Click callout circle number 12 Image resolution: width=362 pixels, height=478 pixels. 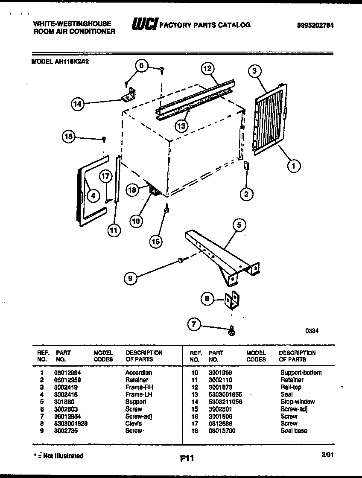(207, 68)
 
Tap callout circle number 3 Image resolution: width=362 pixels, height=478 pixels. (254, 71)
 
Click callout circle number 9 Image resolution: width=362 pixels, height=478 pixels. (131, 279)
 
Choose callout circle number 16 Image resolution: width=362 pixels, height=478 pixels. (156, 241)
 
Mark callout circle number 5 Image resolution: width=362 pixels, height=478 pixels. (239, 225)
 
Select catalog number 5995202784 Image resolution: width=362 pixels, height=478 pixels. (315, 25)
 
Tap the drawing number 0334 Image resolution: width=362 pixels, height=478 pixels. (312, 330)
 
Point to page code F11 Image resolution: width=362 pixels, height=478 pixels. (187, 459)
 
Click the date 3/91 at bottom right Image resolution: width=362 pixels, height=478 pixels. (327, 455)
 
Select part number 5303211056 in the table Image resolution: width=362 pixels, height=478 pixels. (225, 402)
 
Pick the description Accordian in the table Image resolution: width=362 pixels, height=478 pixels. (138, 373)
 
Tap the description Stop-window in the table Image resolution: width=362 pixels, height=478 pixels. (298, 402)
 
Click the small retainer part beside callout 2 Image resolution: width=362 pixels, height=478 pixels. (246, 166)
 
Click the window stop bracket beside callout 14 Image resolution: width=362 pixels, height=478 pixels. (128, 95)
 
